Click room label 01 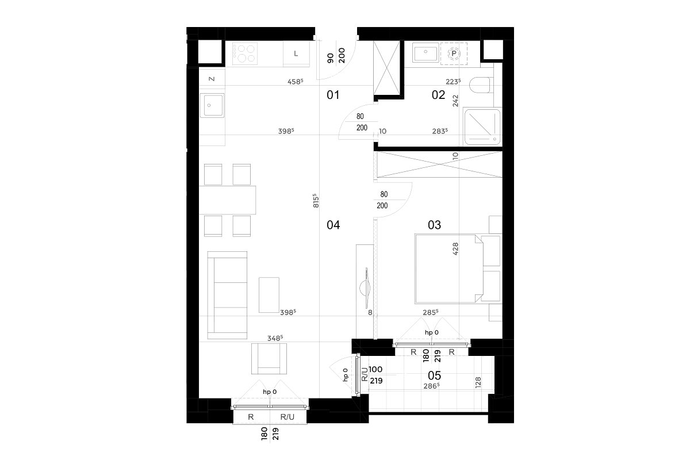click(x=333, y=95)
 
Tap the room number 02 click(x=438, y=95)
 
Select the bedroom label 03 click(x=434, y=225)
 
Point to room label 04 click(x=333, y=225)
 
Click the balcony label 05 click(x=434, y=375)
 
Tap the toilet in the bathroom click(x=480, y=85)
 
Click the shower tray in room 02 click(x=482, y=126)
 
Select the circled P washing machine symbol click(x=454, y=54)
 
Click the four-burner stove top click(x=245, y=53)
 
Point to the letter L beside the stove click(x=296, y=53)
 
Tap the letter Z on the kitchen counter click(x=212, y=79)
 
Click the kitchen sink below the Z click(x=212, y=105)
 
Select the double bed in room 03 click(x=449, y=269)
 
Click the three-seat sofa click(x=227, y=295)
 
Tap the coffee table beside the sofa click(x=269, y=295)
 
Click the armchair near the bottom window click(x=269, y=359)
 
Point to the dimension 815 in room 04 click(x=316, y=201)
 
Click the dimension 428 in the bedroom click(x=455, y=249)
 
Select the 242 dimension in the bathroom click(x=455, y=101)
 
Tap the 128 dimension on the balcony click(x=478, y=383)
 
